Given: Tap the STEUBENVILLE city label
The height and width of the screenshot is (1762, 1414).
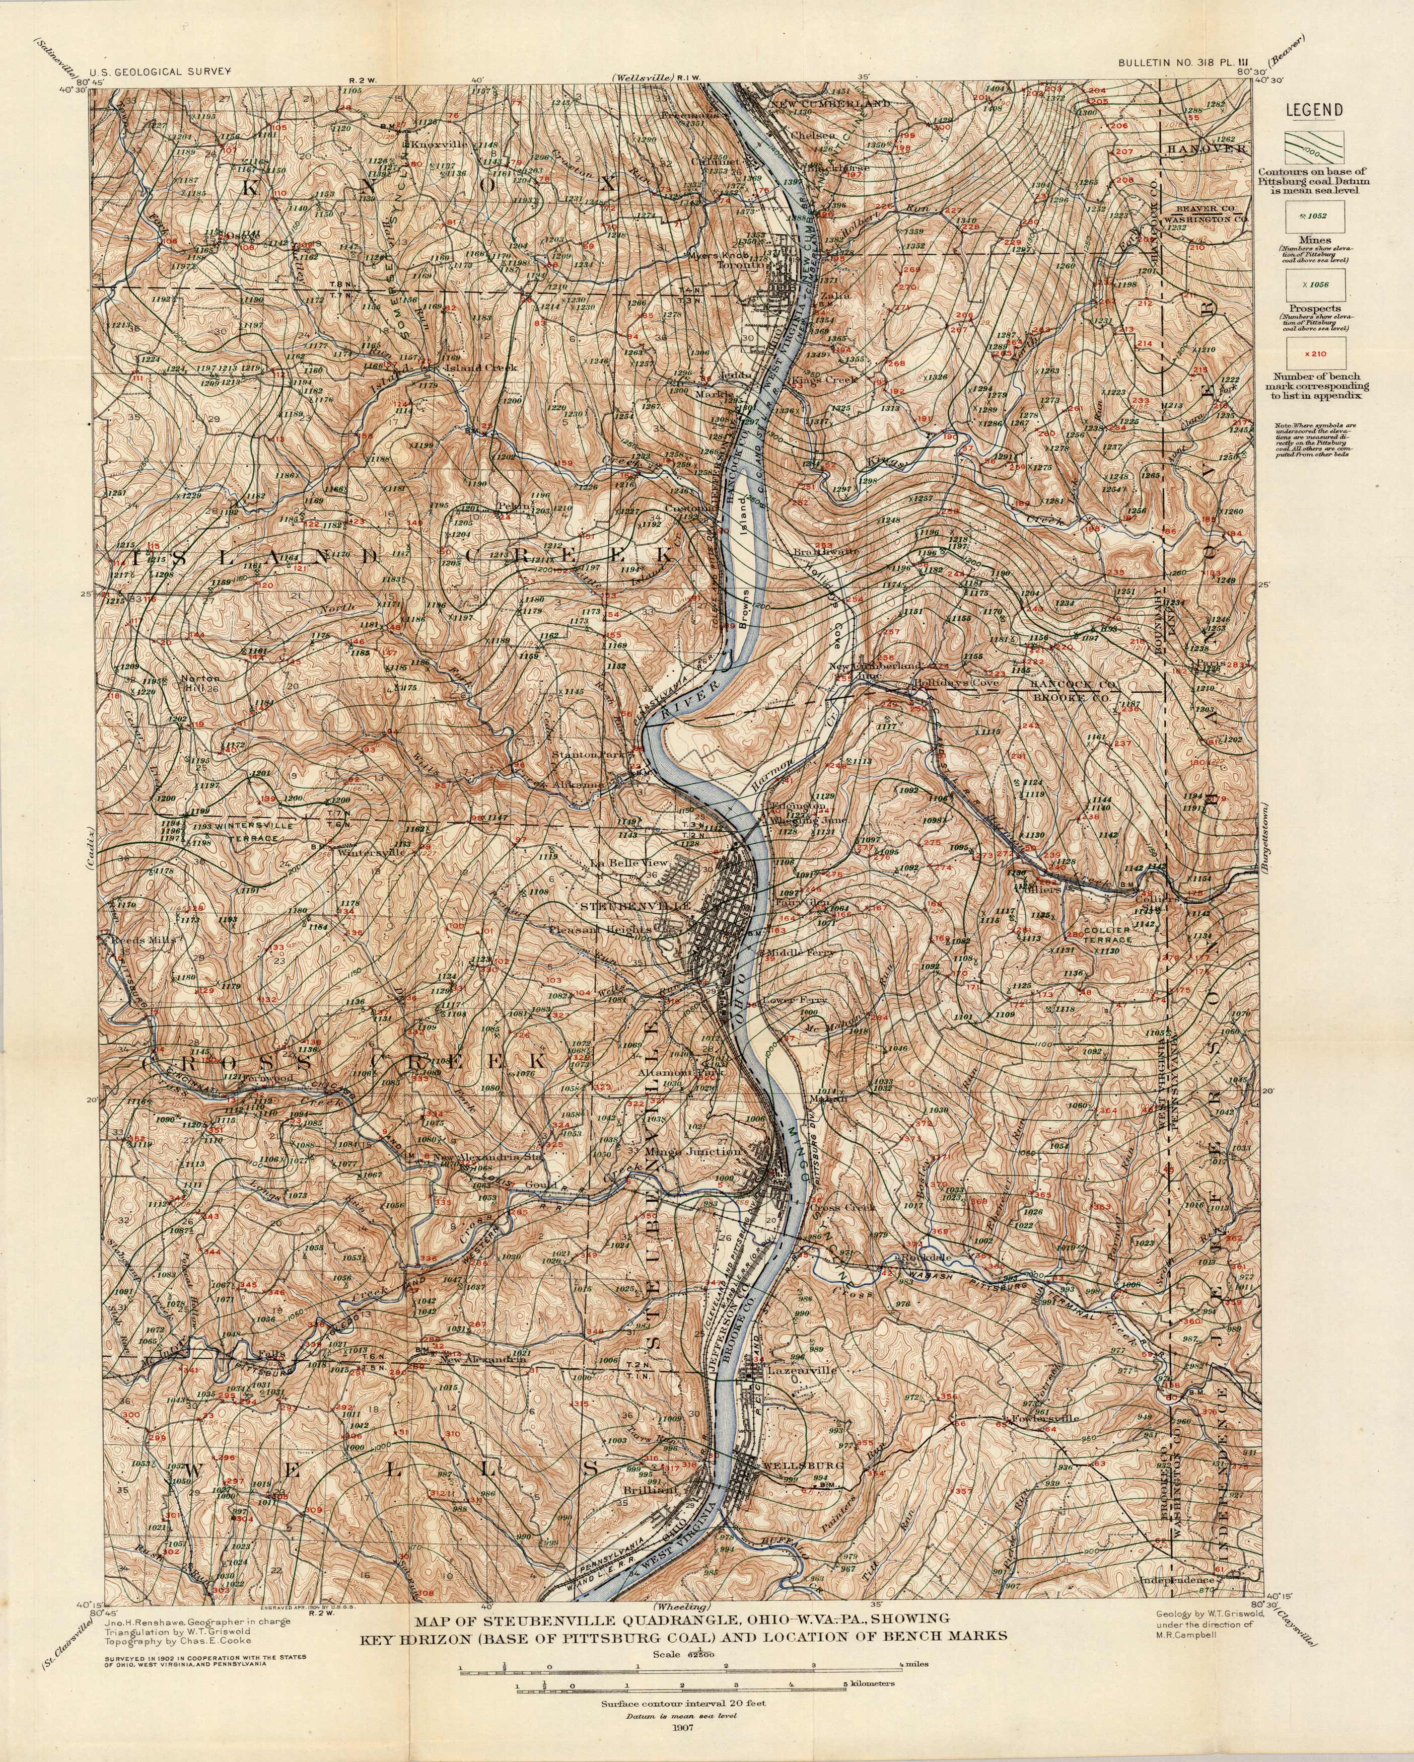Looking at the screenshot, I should tap(635, 906).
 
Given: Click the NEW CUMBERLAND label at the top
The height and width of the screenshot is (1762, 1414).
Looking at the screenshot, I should tap(830, 106).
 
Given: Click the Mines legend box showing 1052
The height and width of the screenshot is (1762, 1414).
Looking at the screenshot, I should tap(1317, 218).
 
